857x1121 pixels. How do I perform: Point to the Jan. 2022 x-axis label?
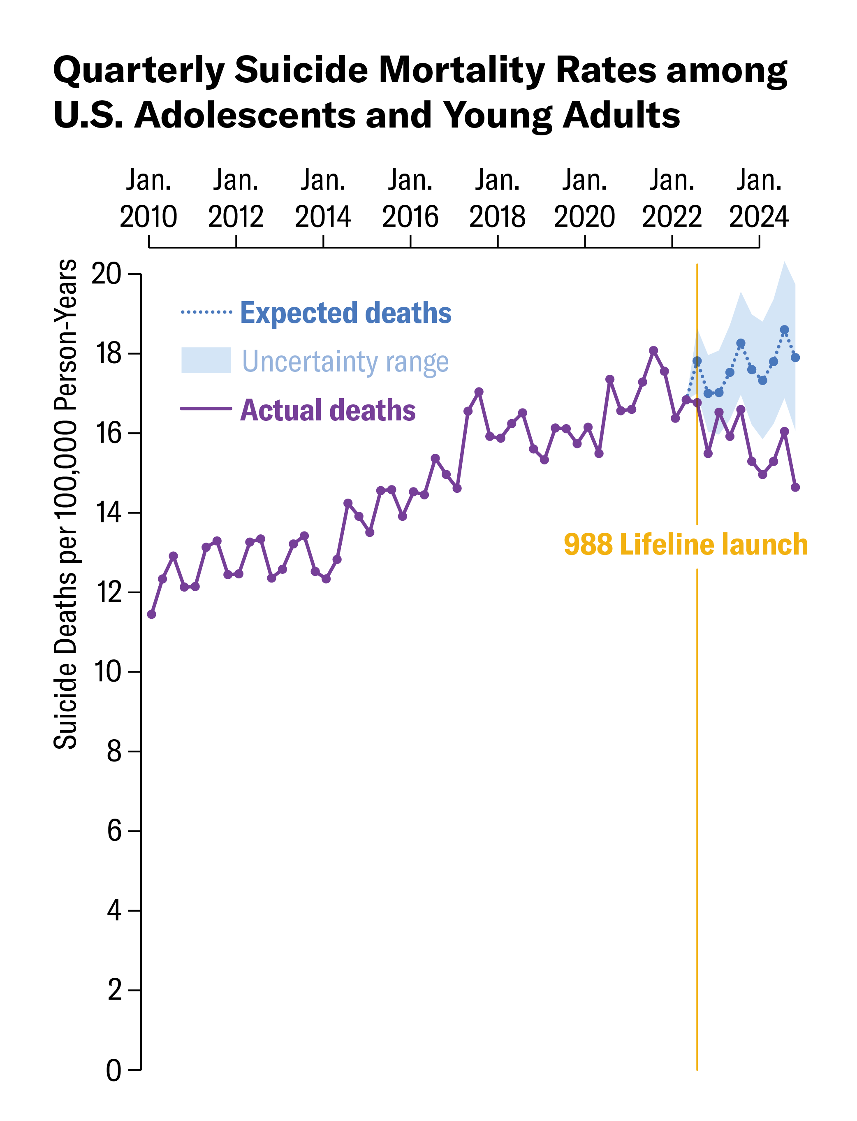pyautogui.click(x=672, y=199)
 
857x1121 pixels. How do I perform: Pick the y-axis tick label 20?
pyautogui.click(x=106, y=274)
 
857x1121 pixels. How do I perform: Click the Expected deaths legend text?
pyautogui.click(x=345, y=313)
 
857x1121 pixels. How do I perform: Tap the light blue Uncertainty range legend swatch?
pyautogui.click(x=206, y=360)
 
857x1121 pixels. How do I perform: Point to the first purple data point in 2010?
pyautogui.click(x=151, y=614)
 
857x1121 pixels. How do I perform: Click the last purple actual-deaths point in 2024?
pyautogui.click(x=795, y=487)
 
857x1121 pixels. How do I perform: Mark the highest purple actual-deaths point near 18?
pyautogui.click(x=653, y=350)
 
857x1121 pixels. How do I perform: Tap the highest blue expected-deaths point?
pyautogui.click(x=785, y=330)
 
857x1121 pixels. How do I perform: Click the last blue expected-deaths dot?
pyautogui.click(x=795, y=357)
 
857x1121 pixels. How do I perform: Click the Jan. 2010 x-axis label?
pyautogui.click(x=148, y=199)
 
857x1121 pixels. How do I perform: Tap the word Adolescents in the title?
pyautogui.click(x=245, y=115)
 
